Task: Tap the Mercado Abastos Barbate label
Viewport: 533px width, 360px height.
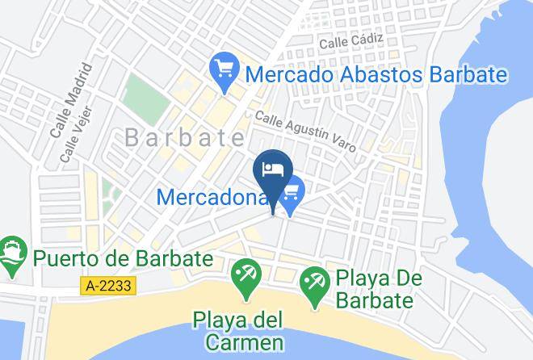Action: click(x=376, y=75)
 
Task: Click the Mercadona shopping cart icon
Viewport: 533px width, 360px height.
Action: click(x=292, y=191)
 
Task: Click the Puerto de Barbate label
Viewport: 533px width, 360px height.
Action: click(x=123, y=259)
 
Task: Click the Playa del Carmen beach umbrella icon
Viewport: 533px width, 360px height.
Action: click(x=244, y=277)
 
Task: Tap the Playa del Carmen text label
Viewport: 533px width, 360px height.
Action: click(x=238, y=332)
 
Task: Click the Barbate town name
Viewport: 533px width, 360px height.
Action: click(x=185, y=138)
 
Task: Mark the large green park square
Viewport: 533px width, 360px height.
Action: click(x=145, y=98)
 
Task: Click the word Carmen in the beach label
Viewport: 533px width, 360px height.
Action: click(x=238, y=342)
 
